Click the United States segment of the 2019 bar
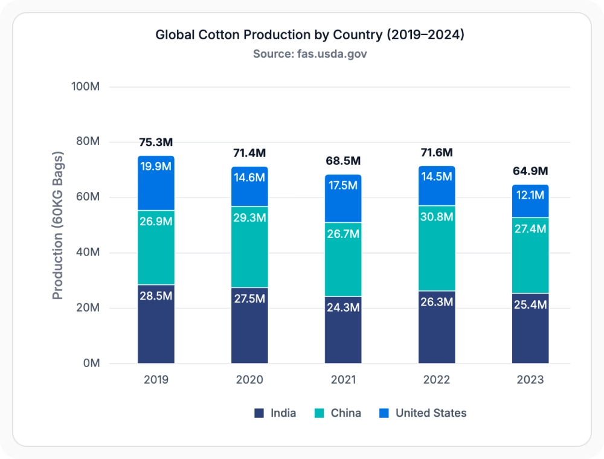point(156,183)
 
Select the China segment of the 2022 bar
point(437,248)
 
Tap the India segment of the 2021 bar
point(343,330)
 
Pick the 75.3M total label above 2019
point(156,143)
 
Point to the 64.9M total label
point(530,171)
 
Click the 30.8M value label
point(437,217)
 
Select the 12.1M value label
point(530,195)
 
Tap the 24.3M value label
point(343,307)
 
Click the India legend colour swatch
point(259,413)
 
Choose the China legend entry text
point(346,413)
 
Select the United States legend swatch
point(384,413)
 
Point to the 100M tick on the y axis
point(86,86)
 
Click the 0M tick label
point(92,363)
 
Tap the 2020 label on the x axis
point(249,380)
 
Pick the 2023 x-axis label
point(530,380)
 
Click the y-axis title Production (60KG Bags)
point(57,225)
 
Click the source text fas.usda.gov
point(332,54)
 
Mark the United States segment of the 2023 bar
point(530,201)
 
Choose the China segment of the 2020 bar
point(249,247)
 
